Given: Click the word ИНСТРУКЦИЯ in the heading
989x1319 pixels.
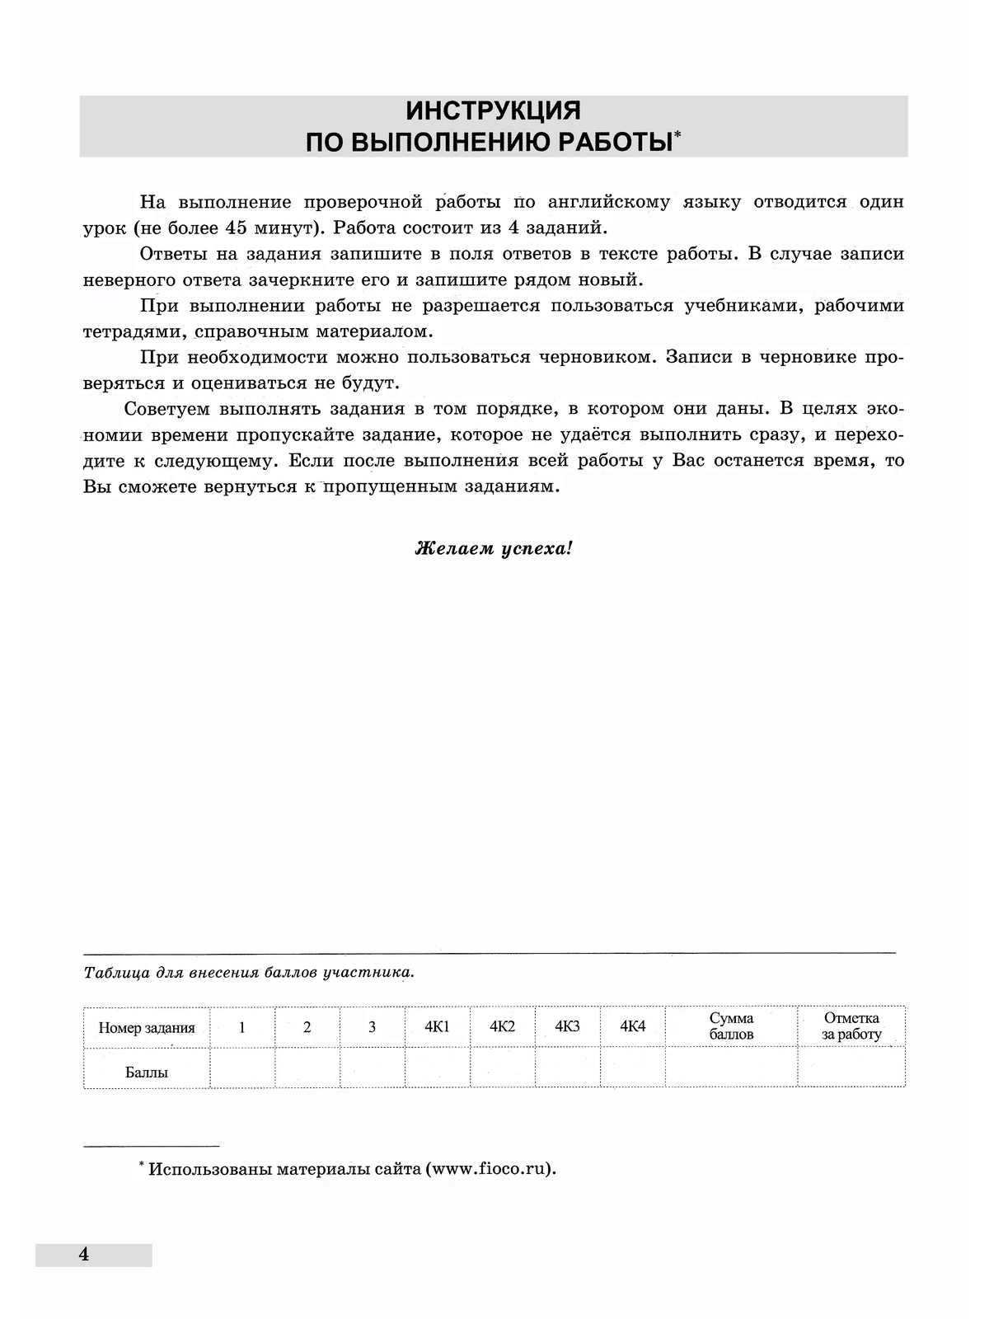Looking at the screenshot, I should (x=493, y=110).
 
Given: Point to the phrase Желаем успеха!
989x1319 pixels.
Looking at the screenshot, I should (x=493, y=548).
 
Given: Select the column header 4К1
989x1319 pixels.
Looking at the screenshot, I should (x=437, y=1026).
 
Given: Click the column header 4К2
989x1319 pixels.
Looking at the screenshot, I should (x=502, y=1026).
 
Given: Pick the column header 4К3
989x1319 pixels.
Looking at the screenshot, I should (x=567, y=1026).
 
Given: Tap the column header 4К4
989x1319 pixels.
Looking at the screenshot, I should (x=632, y=1026).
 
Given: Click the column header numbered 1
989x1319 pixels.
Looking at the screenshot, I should (x=241, y=1027).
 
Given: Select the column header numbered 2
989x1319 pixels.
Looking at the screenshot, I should (x=307, y=1027).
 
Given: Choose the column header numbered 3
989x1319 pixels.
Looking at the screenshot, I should (x=372, y=1027).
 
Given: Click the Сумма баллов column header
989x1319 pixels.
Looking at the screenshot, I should (x=731, y=1026).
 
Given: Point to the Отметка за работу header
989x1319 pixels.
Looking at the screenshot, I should (x=851, y=1026).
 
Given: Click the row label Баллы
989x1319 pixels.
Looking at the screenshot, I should (x=147, y=1073).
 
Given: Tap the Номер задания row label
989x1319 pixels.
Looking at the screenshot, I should (x=147, y=1028).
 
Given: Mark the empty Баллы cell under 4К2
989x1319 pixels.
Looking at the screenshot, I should (x=502, y=1068).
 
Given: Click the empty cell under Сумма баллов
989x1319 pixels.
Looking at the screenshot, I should (x=731, y=1068).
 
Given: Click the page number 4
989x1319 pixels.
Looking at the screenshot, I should (x=83, y=1255).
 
